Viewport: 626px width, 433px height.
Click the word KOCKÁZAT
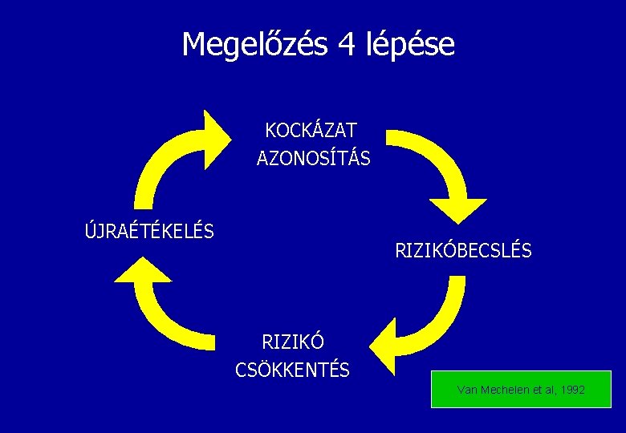point(311,130)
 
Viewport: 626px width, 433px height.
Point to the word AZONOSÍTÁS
point(313,159)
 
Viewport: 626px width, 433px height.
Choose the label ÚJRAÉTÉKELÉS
point(149,232)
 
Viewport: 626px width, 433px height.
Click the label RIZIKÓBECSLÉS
point(463,251)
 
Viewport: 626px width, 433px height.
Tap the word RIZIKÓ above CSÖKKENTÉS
point(293,342)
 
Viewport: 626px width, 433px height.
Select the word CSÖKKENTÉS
point(292,370)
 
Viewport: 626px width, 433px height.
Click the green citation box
point(521,389)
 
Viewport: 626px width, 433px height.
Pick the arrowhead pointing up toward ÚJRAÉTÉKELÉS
point(143,271)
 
